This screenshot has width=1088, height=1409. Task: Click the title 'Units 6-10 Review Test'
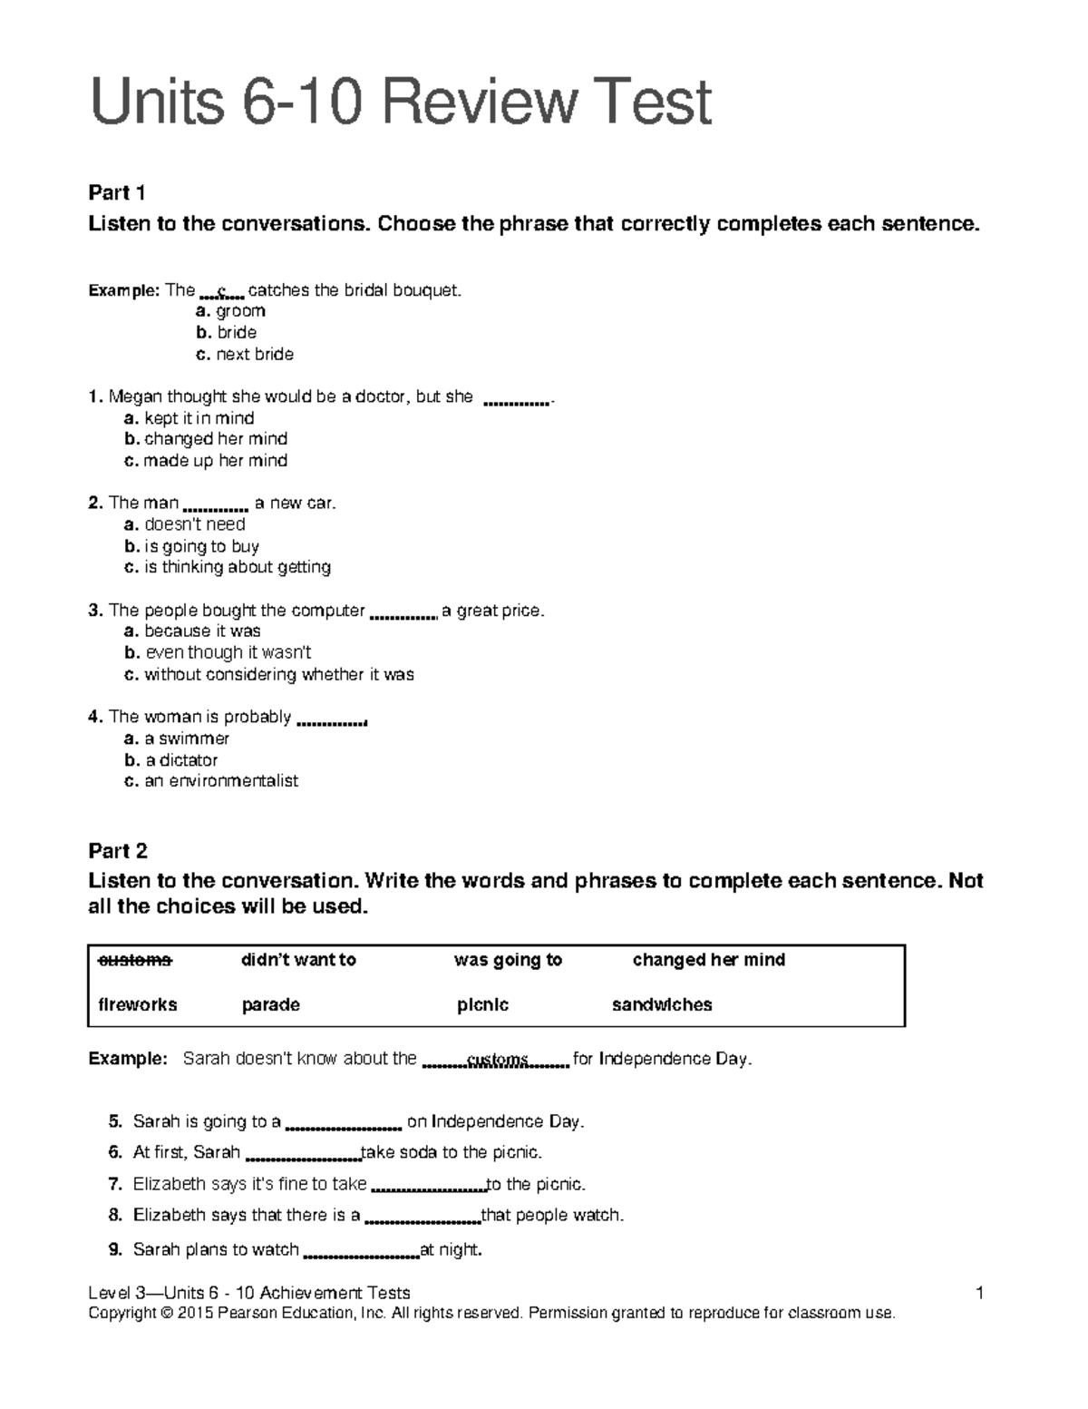(399, 103)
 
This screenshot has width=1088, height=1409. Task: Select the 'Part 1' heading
(117, 192)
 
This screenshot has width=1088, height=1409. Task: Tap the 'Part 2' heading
(118, 851)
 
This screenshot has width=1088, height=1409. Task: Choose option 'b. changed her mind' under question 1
(206, 439)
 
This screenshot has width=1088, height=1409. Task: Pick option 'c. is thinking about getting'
(228, 567)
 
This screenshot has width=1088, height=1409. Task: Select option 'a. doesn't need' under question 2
(185, 524)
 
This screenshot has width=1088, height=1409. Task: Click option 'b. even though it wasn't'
(218, 652)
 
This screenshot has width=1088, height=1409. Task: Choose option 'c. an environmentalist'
(211, 781)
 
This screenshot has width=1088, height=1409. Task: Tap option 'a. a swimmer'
(177, 739)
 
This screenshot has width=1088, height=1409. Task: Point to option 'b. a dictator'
(171, 760)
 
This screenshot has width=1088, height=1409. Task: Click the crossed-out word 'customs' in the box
(134, 960)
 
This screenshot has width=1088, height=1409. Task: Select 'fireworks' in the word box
(137, 1004)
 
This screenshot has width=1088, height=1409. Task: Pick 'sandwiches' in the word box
(662, 1004)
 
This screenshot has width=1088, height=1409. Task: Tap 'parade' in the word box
(270, 1004)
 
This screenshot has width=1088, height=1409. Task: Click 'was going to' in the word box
(508, 960)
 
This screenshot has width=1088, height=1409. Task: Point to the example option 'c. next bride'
(245, 355)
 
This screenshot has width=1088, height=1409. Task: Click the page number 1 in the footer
(980, 1293)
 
